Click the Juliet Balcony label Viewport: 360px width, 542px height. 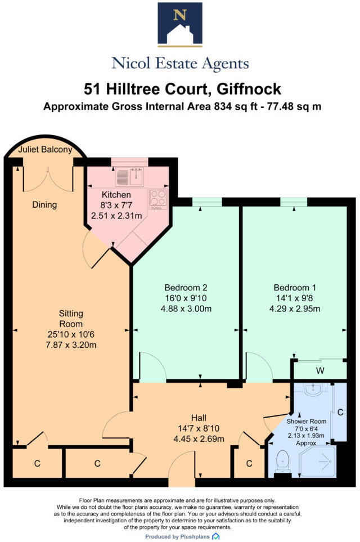[45, 150]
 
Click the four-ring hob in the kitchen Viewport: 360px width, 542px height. [157, 199]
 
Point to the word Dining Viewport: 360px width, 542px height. [44, 205]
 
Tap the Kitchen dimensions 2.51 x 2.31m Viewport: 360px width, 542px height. [116, 215]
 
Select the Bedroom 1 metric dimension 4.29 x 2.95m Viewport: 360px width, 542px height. [296, 308]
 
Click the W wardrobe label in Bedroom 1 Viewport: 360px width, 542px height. [319, 370]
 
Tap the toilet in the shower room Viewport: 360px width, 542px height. [283, 463]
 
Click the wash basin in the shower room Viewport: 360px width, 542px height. [310, 389]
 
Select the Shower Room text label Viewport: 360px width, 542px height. [307, 421]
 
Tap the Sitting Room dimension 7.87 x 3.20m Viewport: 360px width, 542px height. [71, 345]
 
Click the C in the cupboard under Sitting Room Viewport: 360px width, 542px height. [37, 464]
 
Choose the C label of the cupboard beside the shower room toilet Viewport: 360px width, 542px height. [250, 464]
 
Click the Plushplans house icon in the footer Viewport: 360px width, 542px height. [216, 536]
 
